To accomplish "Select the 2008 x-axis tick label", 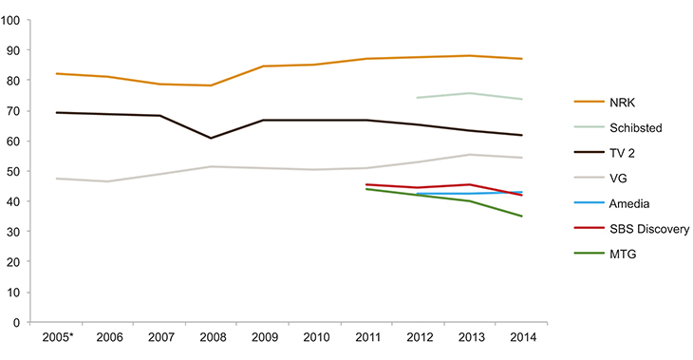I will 211,337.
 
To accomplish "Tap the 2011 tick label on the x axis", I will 366,337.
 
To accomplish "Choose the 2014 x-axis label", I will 521,337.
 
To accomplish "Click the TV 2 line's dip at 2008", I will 211,138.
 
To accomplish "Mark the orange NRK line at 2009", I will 263,66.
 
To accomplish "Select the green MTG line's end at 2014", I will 521,216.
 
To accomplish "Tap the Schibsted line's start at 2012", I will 419,97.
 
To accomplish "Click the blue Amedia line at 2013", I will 470,194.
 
